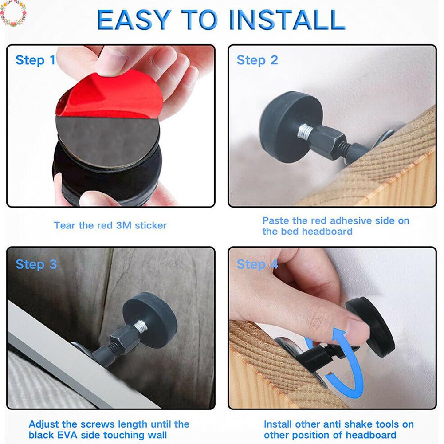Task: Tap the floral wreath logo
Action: pyautogui.click(x=13, y=13)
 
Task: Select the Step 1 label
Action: pyautogui.click(x=35, y=60)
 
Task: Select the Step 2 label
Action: pyautogui.click(x=257, y=60)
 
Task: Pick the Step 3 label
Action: pyautogui.click(x=36, y=264)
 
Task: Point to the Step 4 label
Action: pyautogui.click(x=257, y=264)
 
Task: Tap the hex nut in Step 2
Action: pyautogui.click(x=329, y=139)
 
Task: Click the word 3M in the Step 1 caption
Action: pyautogui.click(x=124, y=225)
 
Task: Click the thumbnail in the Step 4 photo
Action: pyautogui.click(x=358, y=326)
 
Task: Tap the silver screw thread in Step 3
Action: pyautogui.click(x=140, y=326)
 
